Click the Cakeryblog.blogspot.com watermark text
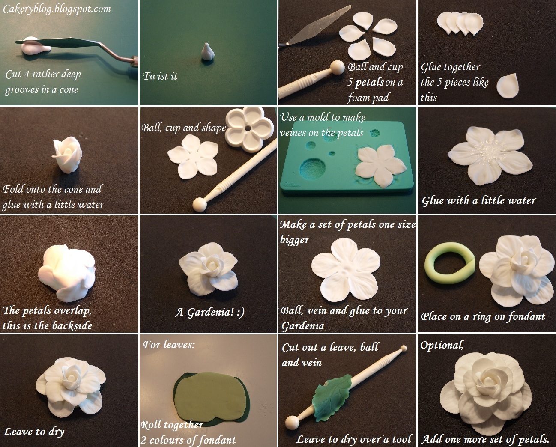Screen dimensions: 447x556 pos(57,9)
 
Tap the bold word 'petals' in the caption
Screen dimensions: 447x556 pos(369,82)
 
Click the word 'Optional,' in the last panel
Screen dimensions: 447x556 pos(442,345)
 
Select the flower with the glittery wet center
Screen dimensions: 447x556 pos(490,154)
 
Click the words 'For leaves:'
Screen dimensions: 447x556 pos(168,344)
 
